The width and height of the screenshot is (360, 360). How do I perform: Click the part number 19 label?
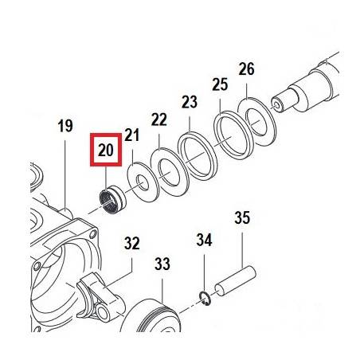(x=65, y=126)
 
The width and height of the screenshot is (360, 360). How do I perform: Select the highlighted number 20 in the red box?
(x=106, y=150)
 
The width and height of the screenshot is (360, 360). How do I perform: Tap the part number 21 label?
(x=132, y=135)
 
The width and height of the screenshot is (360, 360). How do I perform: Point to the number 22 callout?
(x=159, y=119)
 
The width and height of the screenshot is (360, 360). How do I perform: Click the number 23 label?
(x=190, y=102)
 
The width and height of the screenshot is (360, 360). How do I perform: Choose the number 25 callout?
(x=220, y=84)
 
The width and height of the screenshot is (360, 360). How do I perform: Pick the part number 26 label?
(x=247, y=68)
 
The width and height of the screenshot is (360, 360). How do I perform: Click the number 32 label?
(x=132, y=243)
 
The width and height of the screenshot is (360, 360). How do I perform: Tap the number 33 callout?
(x=162, y=264)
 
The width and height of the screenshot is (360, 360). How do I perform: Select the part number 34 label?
(x=204, y=240)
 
